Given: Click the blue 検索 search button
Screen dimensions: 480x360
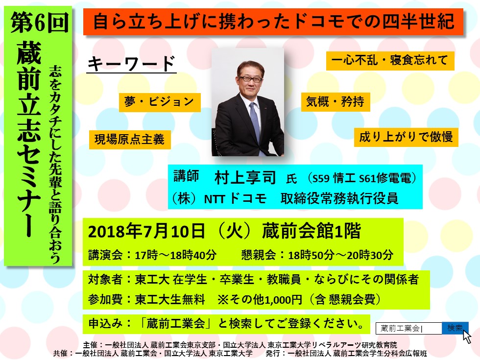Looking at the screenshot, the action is pos(455,328).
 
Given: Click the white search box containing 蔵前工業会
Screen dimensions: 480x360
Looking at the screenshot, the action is pos(409,329).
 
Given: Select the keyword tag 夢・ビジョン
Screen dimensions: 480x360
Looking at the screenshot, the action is pos(160,102).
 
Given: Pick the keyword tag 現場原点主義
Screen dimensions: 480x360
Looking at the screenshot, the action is pos(130,140).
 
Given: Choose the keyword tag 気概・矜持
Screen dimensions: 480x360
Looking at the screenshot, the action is pos(336,102).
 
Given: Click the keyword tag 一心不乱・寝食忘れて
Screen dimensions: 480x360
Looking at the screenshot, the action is pos(390,60).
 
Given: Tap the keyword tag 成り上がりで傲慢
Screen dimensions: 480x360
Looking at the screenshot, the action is pos(406,137).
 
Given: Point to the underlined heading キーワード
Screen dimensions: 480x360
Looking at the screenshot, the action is pos(131,64).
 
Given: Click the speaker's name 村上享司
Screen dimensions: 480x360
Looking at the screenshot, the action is pos(245,177).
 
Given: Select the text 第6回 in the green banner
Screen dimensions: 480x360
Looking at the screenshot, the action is pos(39,23).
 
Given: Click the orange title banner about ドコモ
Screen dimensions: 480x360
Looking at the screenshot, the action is pos(273,22).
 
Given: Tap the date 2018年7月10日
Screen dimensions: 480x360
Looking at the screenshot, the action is pos(146,232).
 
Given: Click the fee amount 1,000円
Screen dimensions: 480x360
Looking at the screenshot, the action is pos(283,299).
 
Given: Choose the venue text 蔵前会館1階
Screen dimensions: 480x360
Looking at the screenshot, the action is pos(312,232).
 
